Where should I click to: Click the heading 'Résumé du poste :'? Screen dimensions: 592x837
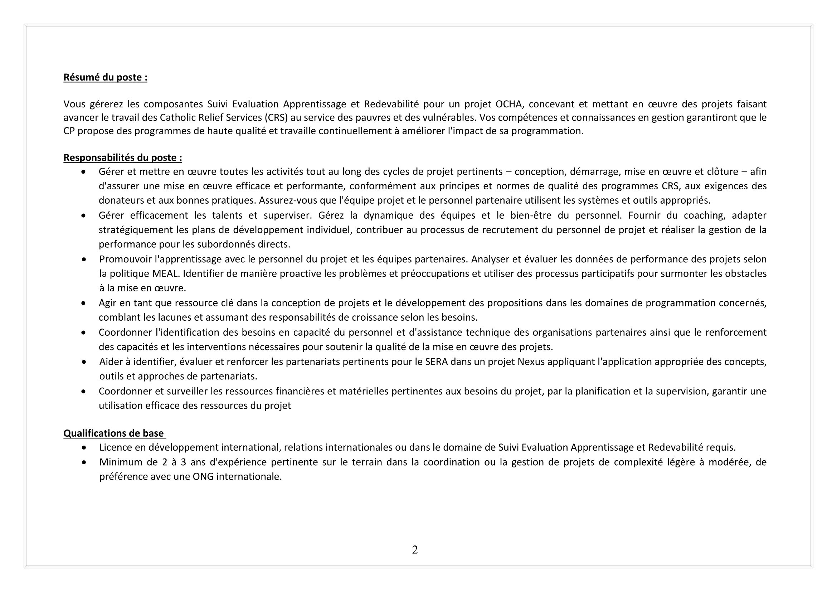105,78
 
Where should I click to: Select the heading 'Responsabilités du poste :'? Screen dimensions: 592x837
123,158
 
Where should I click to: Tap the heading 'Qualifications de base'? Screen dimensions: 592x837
114,433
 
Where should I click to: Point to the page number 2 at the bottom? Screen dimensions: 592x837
415,550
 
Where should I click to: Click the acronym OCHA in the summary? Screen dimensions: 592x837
509,104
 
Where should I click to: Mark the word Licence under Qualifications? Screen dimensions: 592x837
116,447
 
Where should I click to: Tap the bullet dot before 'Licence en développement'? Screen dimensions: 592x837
84,448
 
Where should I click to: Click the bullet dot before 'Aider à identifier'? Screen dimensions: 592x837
84,362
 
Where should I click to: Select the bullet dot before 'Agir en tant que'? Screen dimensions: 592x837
84,303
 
